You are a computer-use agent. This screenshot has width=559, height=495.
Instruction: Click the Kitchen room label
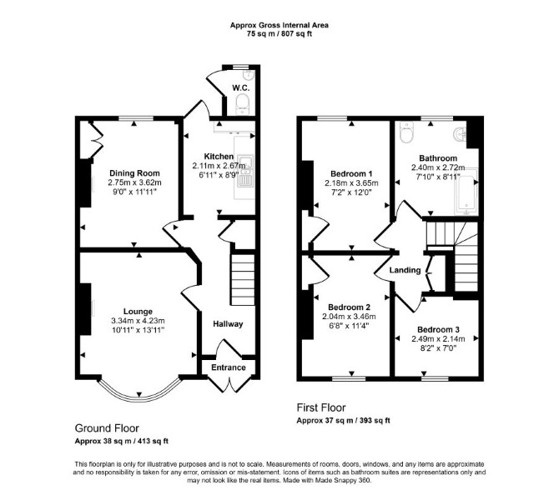pos(219,157)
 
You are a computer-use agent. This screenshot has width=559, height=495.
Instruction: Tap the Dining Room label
pos(134,173)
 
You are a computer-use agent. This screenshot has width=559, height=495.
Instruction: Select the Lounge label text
pos(138,312)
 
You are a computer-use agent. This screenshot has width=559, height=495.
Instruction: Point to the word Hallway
pos(228,324)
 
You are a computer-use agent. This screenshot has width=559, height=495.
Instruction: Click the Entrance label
pos(229,367)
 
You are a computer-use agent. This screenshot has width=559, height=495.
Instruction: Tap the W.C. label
pos(240,88)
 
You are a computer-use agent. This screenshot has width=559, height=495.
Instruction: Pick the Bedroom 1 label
pos(351,174)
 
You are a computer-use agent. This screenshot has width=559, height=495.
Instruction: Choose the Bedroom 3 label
pos(438,330)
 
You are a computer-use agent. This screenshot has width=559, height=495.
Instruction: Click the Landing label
pos(405,270)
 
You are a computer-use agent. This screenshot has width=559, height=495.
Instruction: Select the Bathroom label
pos(438,158)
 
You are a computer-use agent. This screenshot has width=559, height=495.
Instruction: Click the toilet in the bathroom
pos(406,132)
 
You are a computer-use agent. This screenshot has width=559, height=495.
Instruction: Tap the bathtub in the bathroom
pos(466,192)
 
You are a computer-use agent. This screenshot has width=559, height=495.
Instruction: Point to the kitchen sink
pos(245,172)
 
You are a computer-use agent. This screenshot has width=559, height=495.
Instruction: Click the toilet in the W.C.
pos(243,104)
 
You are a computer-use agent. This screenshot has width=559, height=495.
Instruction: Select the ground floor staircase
pos(243,279)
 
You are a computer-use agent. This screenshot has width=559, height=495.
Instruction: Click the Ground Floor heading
pos(107,428)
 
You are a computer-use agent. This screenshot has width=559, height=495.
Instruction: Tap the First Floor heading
pos(321,407)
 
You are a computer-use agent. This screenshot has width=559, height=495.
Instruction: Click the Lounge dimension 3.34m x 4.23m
pos(138,321)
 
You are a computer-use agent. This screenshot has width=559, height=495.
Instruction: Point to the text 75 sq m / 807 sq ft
pos(279,34)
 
